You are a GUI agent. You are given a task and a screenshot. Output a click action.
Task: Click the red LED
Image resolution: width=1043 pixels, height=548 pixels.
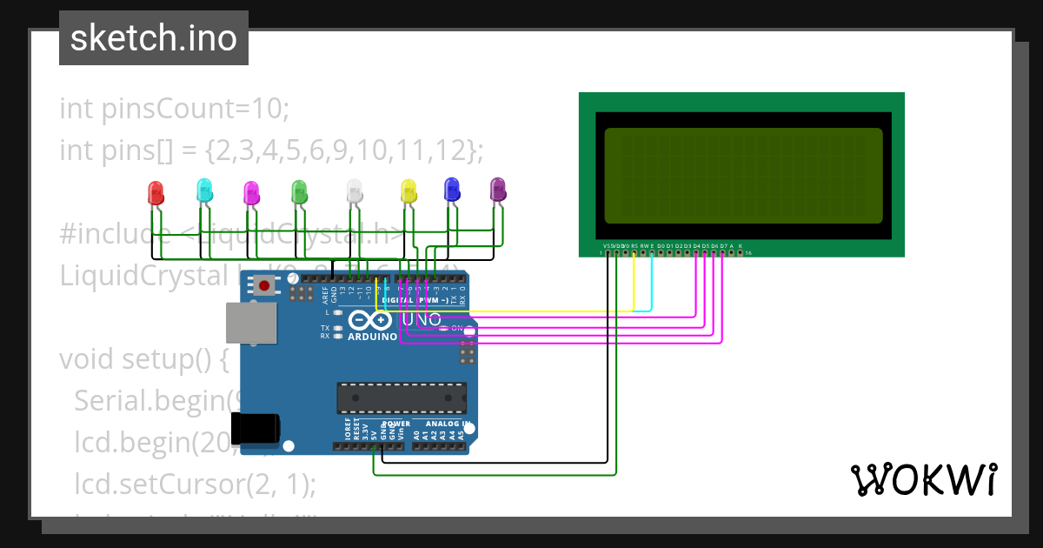pos(156,193)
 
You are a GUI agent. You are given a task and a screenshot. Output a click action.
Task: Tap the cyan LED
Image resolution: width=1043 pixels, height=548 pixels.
pos(204,190)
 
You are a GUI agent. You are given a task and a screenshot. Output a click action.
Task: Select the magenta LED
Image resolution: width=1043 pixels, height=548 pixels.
pos(251,193)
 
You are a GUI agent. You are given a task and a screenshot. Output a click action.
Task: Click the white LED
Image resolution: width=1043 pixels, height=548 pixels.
pos(354,191)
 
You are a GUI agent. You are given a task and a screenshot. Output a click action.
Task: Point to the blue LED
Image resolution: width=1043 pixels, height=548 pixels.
pos(452,189)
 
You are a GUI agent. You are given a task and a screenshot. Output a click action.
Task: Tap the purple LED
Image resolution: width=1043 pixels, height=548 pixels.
pos(498,189)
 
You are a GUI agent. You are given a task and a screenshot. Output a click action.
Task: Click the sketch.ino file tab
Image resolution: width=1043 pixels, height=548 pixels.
pos(154,38)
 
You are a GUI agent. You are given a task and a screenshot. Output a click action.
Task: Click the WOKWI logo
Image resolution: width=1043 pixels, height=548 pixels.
pos(923,479)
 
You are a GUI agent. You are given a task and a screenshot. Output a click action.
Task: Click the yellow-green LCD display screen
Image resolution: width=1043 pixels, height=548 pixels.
pos(743,176)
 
